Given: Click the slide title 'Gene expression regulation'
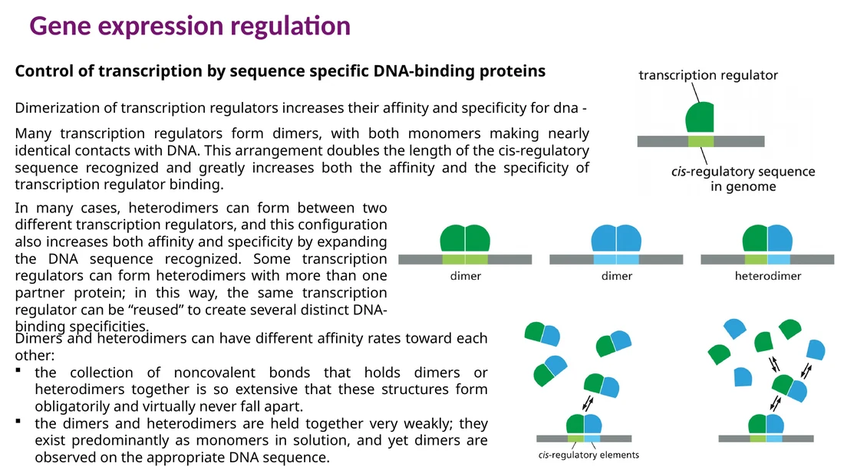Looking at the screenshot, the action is point(190,26).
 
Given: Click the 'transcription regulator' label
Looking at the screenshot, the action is point(708,75).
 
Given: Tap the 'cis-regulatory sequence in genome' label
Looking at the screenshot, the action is point(743,179).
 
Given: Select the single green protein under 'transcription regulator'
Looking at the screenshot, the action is point(700,117).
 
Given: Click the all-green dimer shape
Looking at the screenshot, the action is point(465,238).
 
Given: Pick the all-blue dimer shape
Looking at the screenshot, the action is point(616,238).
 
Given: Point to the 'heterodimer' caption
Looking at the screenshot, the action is point(767,276).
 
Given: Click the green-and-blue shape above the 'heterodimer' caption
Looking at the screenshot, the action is point(767,238).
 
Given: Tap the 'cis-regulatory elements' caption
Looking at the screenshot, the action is point(588,455).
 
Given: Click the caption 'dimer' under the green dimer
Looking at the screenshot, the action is point(466,276).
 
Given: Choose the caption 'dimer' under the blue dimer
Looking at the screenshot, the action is point(617,276).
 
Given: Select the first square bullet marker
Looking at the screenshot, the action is point(18,370).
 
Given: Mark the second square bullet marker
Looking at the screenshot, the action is point(18,421).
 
